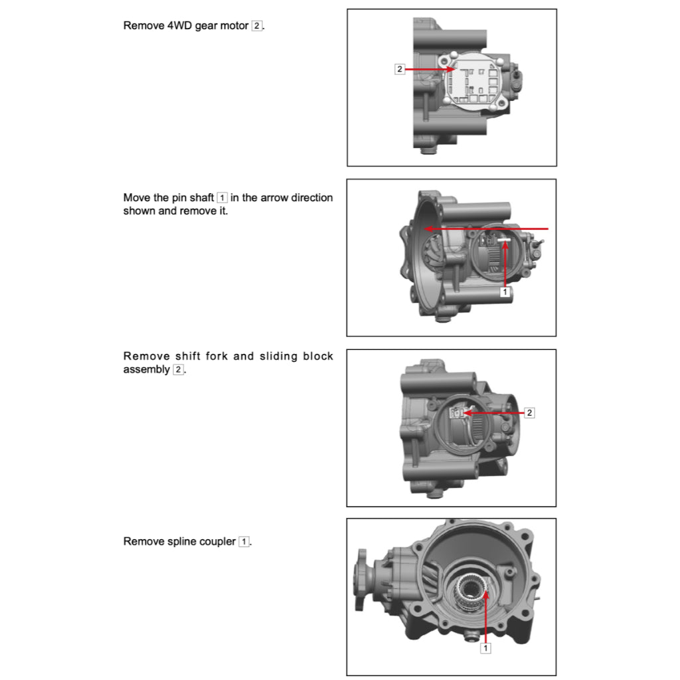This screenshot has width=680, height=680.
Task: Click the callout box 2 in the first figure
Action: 399,69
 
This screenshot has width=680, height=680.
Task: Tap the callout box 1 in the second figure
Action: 504,292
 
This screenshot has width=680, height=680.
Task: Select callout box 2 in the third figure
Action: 529,413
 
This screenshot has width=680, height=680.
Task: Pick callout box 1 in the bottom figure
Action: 485,648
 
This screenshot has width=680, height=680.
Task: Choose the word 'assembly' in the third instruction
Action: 146,370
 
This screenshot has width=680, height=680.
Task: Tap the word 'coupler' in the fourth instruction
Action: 216,542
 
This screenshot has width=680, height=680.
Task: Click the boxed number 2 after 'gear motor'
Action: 257,27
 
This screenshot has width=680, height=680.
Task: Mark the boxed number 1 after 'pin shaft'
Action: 222,198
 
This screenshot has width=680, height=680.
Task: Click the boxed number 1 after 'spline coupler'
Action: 244,542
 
